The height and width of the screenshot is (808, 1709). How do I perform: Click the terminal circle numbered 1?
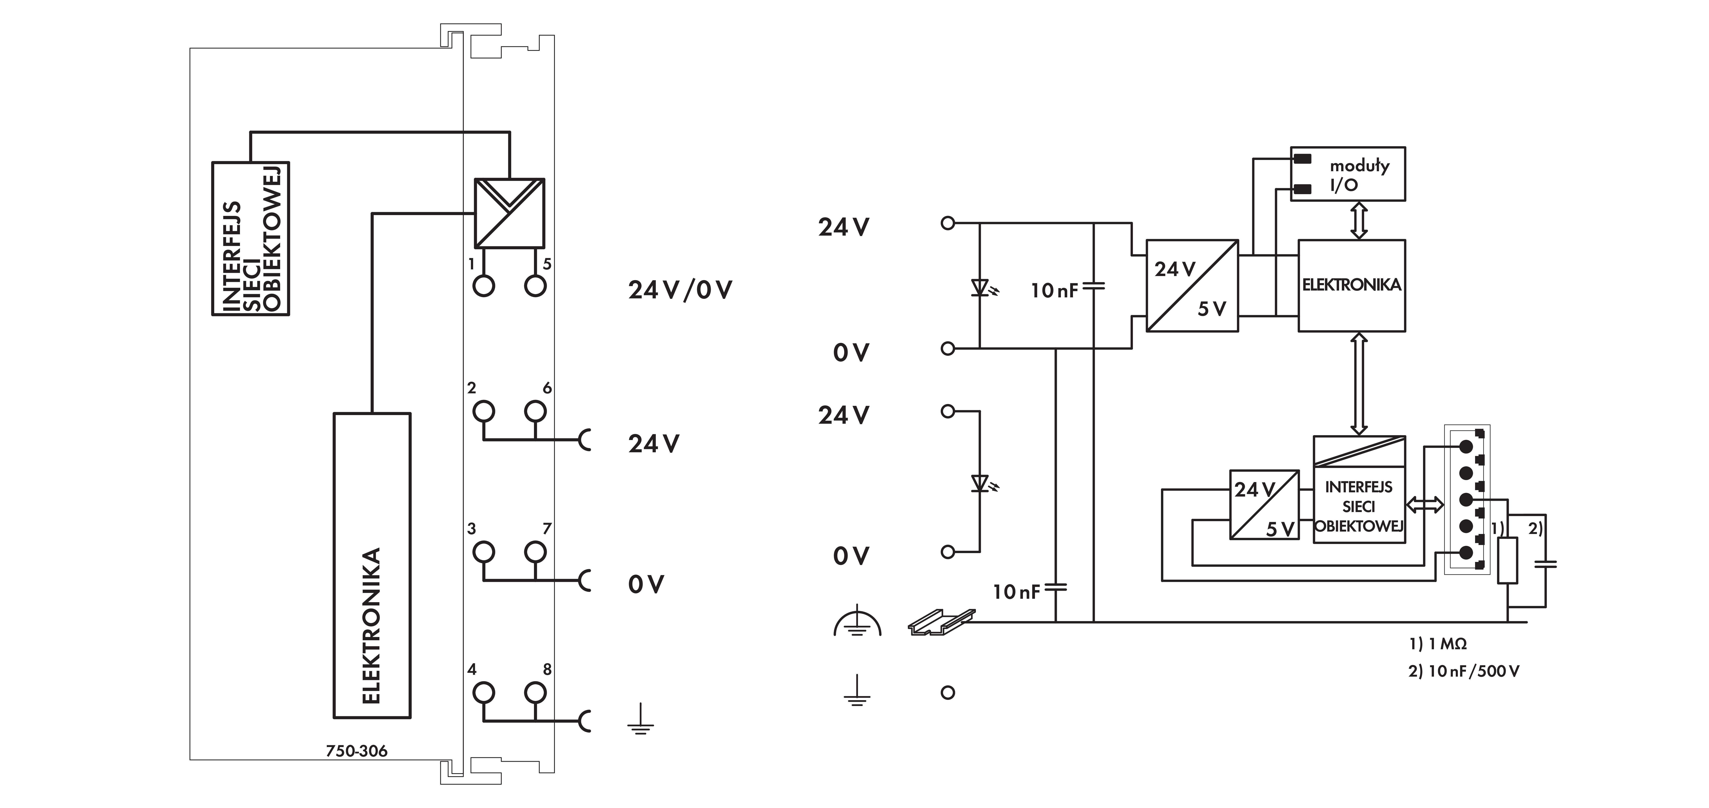click(x=484, y=286)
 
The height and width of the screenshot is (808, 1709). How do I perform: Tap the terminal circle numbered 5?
click(x=535, y=286)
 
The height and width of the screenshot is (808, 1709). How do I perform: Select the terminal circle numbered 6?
click(x=535, y=411)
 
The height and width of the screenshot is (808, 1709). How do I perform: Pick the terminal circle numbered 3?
click(x=484, y=552)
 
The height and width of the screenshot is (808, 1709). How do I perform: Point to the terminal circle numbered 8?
click(x=535, y=693)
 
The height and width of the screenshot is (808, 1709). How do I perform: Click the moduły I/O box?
click(x=1347, y=174)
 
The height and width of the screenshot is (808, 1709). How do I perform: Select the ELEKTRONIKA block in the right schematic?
click(x=1351, y=285)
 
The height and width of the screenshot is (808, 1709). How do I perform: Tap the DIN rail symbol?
click(x=941, y=622)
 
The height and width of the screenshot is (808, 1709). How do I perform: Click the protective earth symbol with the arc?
click(x=857, y=622)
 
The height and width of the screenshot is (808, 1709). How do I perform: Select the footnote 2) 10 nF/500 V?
click(x=1464, y=671)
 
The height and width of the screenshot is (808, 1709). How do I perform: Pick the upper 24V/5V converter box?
click(x=1192, y=285)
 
